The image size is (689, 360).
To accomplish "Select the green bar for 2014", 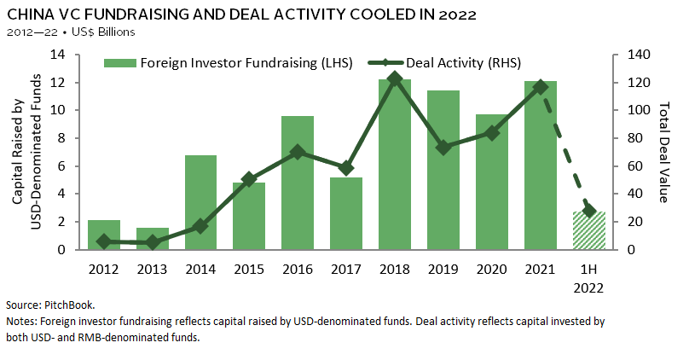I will (200, 202).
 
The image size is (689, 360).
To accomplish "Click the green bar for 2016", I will (297, 183).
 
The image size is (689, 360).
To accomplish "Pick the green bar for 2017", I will (345, 213).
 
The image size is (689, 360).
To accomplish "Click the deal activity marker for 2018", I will (394, 78).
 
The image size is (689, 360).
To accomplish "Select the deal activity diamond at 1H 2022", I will (588, 210).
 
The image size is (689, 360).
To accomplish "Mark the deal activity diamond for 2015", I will (249, 179).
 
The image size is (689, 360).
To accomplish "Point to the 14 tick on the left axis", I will (60, 55).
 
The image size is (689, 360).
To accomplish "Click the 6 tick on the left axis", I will (63, 165).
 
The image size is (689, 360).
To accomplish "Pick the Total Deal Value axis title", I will (665, 153).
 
